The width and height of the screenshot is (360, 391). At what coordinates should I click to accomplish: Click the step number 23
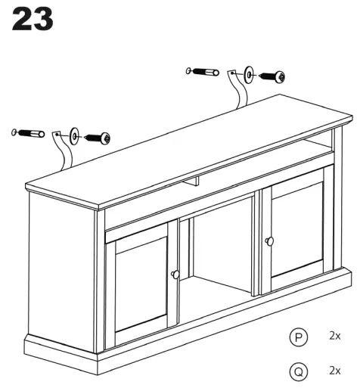coord(33,20)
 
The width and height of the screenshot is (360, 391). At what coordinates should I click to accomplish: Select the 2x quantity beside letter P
coord(334,335)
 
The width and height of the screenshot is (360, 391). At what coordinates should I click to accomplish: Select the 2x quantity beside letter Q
coord(334,370)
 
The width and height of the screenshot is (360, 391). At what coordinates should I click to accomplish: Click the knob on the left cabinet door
coord(175,274)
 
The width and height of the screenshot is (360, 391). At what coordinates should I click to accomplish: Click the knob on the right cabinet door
coord(268,240)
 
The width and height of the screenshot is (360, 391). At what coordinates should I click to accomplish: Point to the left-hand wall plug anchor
coord(28,134)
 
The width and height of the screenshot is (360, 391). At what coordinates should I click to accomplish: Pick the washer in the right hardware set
coord(249,73)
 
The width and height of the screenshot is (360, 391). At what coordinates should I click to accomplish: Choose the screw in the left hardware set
coord(98,138)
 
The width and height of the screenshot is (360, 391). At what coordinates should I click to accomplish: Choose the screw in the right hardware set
coord(272,76)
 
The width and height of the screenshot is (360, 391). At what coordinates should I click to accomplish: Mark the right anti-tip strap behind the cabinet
coord(239,95)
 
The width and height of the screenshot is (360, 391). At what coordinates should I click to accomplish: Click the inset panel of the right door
coord(298,231)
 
